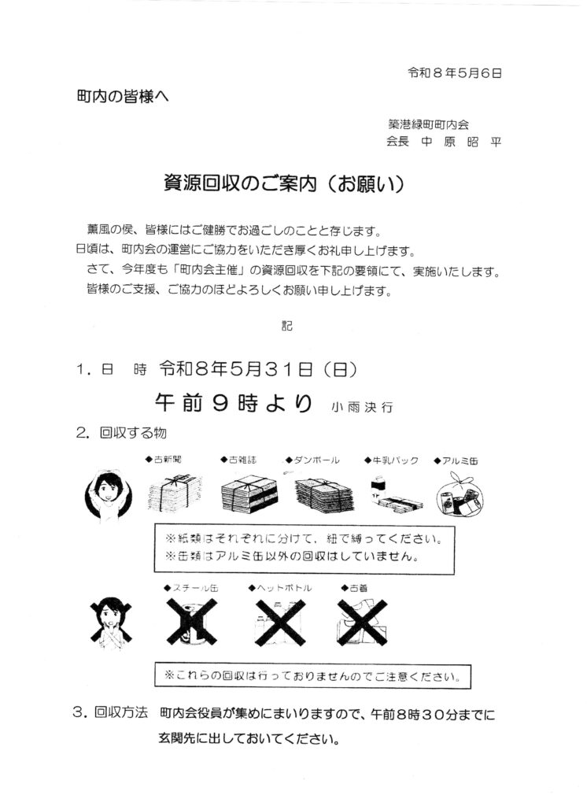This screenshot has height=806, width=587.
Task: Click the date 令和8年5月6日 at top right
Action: click(454, 73)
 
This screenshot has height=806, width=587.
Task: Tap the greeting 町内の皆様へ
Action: click(122, 96)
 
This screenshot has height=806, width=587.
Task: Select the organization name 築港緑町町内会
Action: click(428, 124)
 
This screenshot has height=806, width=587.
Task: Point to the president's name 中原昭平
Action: click(461, 142)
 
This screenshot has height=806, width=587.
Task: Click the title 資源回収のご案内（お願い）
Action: click(284, 183)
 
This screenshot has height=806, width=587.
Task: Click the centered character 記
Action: click(287, 325)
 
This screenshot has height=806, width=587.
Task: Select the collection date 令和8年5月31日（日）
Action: click(258, 368)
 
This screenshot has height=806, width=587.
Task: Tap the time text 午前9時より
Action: click(234, 402)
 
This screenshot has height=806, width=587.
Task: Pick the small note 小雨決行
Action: click(363, 407)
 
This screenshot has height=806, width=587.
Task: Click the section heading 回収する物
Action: click(133, 433)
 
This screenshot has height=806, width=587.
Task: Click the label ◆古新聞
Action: click(164, 460)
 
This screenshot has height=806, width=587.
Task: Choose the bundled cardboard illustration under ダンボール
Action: click(324, 495)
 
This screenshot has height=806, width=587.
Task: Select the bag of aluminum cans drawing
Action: click(460, 494)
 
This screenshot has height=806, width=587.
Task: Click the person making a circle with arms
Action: click(109, 495)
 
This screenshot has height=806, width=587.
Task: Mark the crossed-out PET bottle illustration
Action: click(280, 623)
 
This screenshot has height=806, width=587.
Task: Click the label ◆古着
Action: click(355, 588)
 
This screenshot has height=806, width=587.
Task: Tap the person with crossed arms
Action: click(110, 623)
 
